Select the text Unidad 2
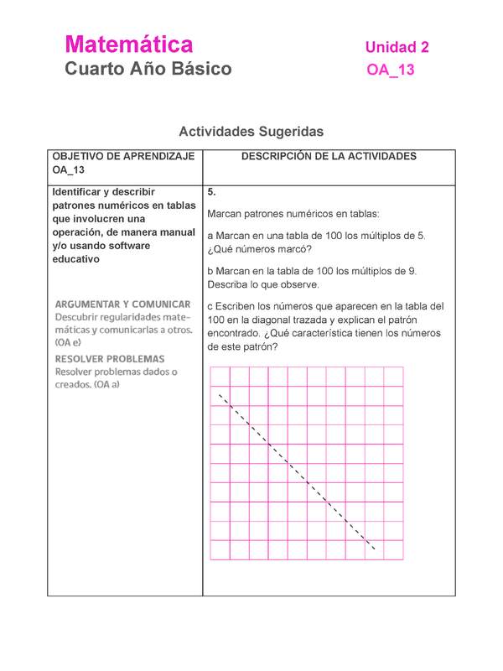click(397, 48)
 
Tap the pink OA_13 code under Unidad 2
click(391, 70)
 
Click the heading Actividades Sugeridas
click(251, 132)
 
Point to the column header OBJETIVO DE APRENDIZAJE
click(123, 157)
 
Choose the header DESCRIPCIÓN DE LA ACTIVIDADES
click(329, 157)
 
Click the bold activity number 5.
click(211, 192)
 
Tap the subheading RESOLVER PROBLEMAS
click(110, 358)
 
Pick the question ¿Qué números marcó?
click(259, 249)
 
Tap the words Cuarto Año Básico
click(148, 69)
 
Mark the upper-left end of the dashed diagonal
click(220, 394)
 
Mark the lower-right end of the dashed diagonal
click(375, 551)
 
